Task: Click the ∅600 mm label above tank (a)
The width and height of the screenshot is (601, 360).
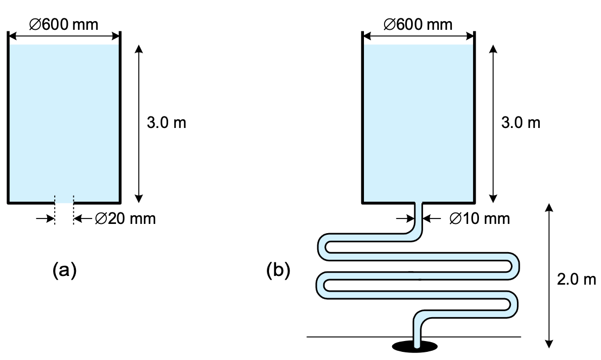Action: (64, 24)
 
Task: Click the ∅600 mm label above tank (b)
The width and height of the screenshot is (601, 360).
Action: (418, 24)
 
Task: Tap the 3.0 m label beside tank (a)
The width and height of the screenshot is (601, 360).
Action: (167, 123)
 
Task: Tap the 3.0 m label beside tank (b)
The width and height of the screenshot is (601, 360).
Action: (521, 123)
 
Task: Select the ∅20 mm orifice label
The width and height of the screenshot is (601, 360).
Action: (125, 219)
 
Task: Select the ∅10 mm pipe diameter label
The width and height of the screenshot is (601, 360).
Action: (480, 218)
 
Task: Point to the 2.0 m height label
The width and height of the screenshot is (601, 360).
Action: (577, 280)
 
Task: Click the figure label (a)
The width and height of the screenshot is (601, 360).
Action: (65, 269)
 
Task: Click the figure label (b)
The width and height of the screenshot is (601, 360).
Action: (278, 269)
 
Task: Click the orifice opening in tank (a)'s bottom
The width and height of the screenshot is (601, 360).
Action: (64, 202)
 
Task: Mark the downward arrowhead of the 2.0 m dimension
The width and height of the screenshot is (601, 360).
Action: (549, 342)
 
